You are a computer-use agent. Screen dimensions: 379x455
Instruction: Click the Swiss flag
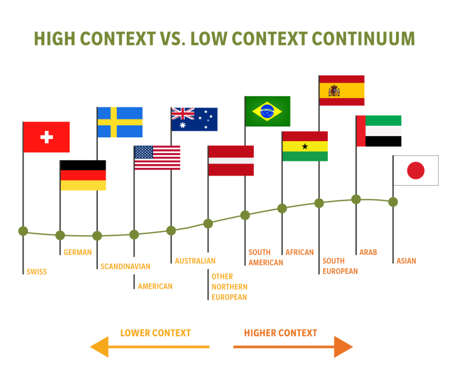[x=46, y=137]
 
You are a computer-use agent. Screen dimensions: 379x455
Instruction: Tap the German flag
[x=83, y=175]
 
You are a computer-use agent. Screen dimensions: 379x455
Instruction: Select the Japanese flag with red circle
[x=416, y=170]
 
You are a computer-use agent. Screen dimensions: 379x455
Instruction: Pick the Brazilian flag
[x=267, y=111]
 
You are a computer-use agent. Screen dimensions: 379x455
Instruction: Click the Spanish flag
[x=342, y=91]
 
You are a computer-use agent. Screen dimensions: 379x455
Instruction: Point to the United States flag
[x=157, y=158]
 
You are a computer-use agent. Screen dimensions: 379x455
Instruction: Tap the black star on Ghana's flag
[x=305, y=146]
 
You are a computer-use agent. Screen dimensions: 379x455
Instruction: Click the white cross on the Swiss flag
[x=46, y=137]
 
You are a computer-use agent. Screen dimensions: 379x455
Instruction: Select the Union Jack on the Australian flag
[x=183, y=114]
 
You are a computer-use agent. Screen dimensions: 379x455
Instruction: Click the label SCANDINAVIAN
[x=125, y=267]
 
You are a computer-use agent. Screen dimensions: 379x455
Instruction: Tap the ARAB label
[x=368, y=252]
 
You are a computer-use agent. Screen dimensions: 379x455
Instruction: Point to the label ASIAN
[x=406, y=261]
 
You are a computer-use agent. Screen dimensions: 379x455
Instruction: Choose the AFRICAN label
[x=299, y=252]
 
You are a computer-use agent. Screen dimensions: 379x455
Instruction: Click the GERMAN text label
[x=78, y=252]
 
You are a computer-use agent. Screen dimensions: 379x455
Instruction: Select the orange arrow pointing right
[x=293, y=347]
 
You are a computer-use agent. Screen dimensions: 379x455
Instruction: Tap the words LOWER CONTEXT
[x=156, y=333]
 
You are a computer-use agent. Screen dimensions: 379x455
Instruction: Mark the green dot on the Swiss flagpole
[x=23, y=231]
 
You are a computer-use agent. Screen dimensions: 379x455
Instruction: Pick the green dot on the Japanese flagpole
[x=393, y=202]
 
